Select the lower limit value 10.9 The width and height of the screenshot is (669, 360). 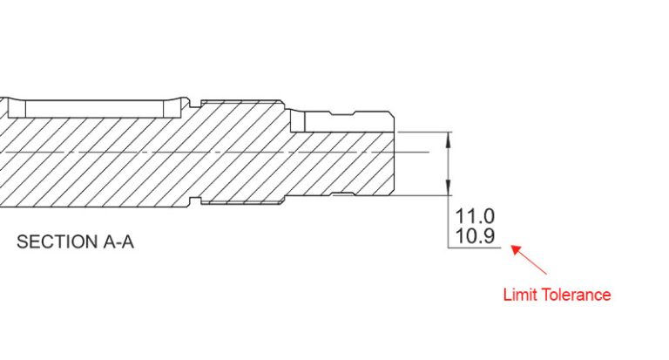tap(476, 235)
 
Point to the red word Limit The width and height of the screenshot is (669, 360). tap(521, 295)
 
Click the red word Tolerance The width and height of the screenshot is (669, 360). tap(577, 295)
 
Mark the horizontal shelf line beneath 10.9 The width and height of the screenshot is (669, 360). tap(475, 248)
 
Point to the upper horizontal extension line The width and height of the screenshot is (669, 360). tap(422, 132)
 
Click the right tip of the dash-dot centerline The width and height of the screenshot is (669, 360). tap(429, 153)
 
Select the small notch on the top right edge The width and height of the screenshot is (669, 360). tap(353, 112)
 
